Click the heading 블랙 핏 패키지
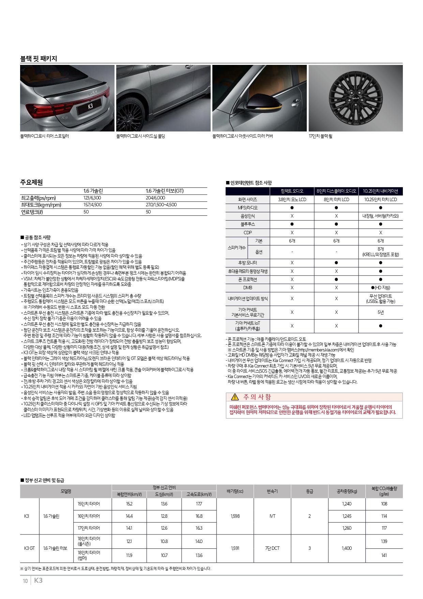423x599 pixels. click(x=39, y=59)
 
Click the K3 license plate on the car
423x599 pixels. click(x=90, y=107)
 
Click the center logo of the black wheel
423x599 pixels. click(x=356, y=98)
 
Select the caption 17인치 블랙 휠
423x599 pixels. click(x=320, y=136)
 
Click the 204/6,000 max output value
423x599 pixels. click(x=155, y=198)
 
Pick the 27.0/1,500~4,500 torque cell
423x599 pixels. click(x=161, y=205)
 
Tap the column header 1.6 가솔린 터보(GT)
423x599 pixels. click(x=164, y=191)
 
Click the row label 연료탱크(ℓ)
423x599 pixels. click(x=32, y=212)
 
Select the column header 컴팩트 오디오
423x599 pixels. click(x=292, y=191)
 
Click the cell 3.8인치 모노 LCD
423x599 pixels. click(x=292, y=199)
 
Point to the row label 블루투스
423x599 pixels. click(x=248, y=224)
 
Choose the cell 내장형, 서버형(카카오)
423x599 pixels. click(x=380, y=216)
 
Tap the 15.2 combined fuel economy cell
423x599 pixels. click(x=129, y=504)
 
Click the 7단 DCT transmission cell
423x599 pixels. click(x=272, y=548)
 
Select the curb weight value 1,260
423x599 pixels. click(x=347, y=528)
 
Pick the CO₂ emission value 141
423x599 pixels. click(x=384, y=555)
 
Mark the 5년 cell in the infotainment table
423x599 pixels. click(x=380, y=312)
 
